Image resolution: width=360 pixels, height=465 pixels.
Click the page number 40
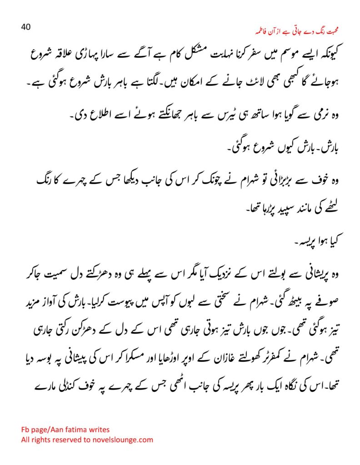click(26, 27)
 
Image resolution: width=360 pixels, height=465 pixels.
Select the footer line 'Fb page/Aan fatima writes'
click(65, 429)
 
